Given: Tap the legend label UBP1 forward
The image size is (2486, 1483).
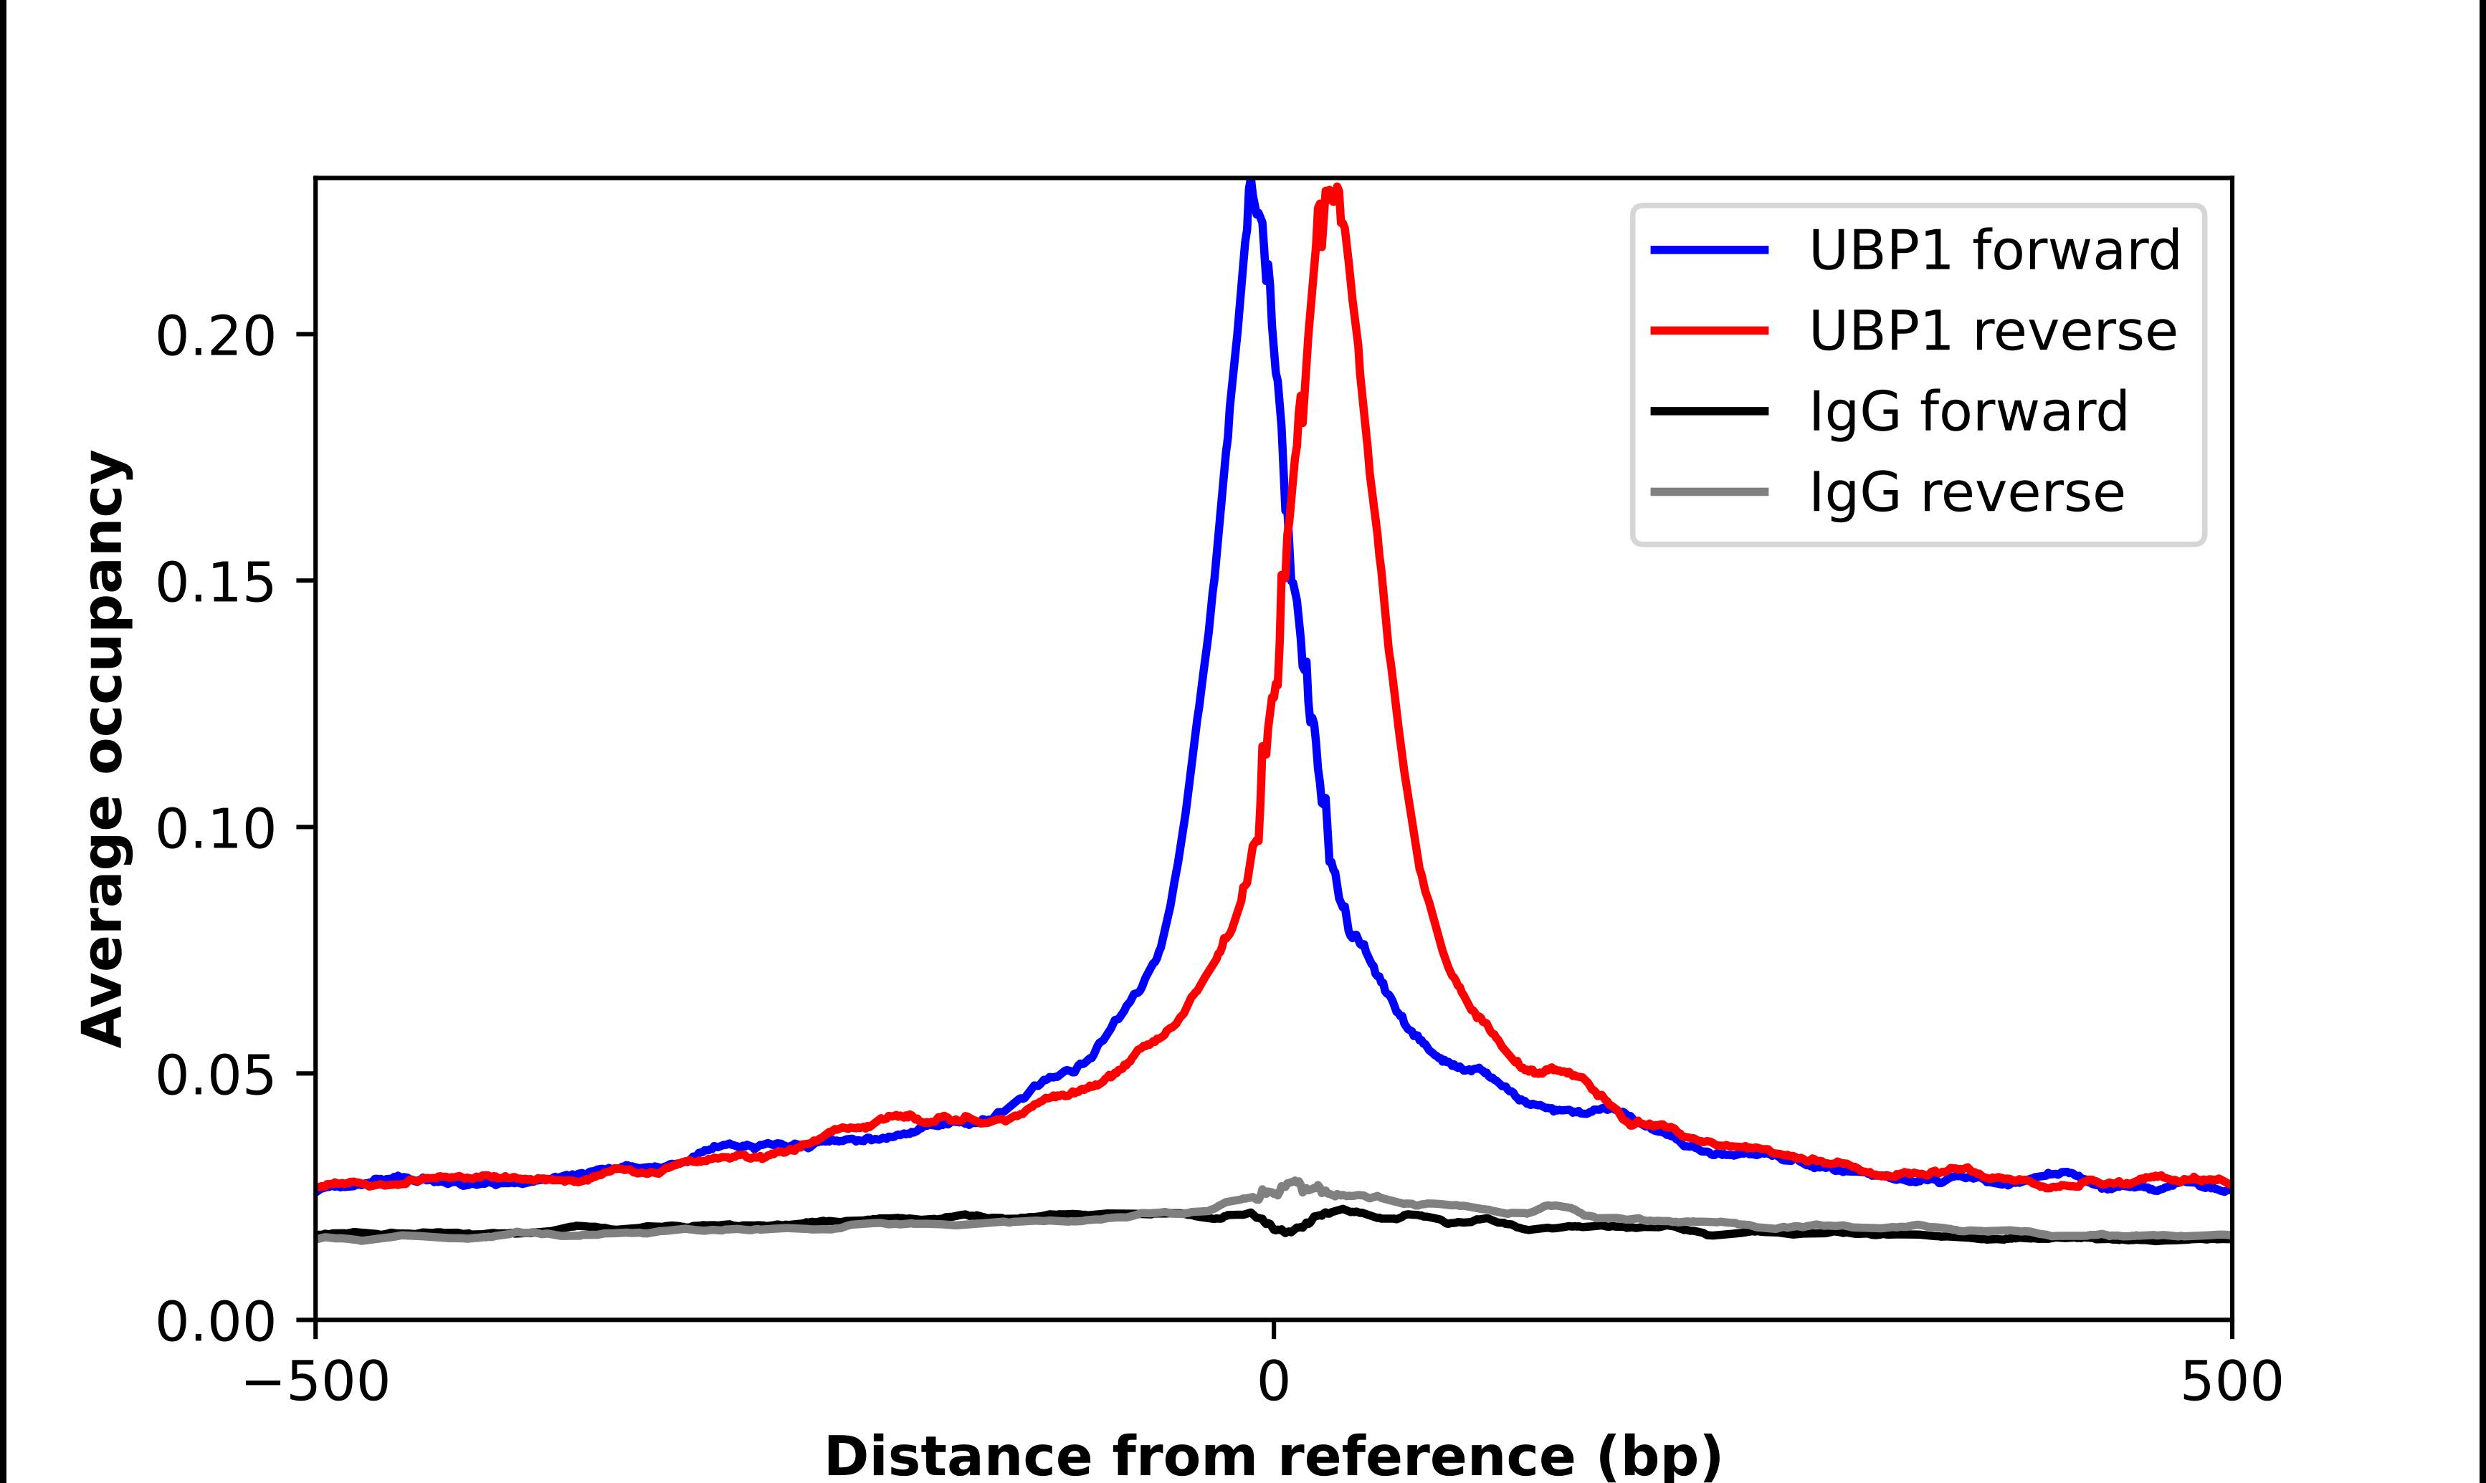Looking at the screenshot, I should (x=1994, y=250).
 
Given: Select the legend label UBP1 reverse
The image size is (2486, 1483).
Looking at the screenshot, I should (x=1992, y=331).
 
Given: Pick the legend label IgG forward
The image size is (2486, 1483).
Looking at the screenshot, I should (x=1968, y=412).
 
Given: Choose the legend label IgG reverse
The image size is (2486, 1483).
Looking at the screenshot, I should (x=1966, y=493).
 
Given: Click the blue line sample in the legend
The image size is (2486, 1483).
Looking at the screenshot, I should (x=1710, y=250).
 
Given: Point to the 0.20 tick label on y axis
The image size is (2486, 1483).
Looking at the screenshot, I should (x=215, y=337).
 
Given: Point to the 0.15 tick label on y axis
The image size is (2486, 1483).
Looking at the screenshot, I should (x=215, y=582).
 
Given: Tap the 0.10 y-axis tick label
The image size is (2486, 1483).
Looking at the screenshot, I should (x=215, y=830).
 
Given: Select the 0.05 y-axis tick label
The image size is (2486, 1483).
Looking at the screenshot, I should (x=215, y=1076).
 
